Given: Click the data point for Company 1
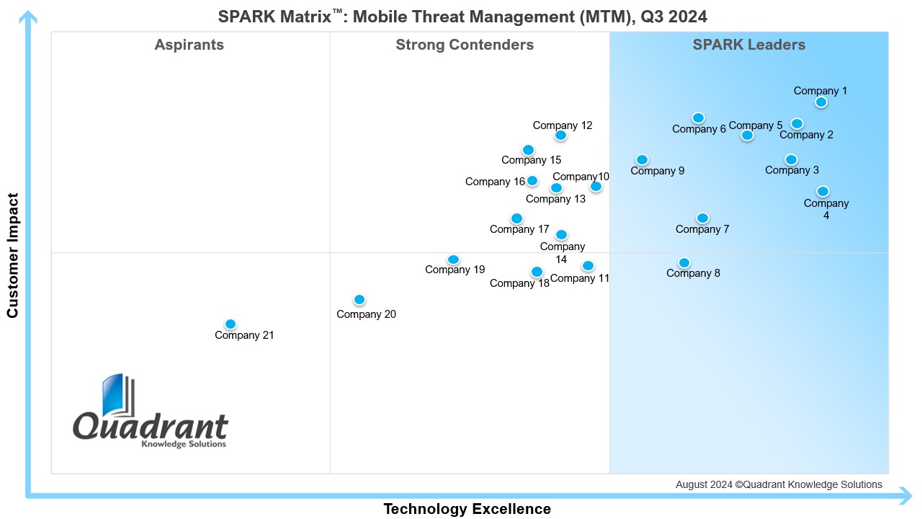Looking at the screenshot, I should pos(821,102).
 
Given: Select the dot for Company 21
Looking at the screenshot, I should pos(230,324).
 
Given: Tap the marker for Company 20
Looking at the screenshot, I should pos(359,300).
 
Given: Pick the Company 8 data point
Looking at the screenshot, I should pos(684,263).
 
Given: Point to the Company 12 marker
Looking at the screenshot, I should pos(561,136).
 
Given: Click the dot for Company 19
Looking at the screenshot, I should pos(453,260).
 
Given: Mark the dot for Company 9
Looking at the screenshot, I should pos(642,160).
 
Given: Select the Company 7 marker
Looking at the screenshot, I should pos(703,218).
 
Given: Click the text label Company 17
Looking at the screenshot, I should pos(519,229).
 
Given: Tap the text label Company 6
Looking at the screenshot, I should pos(699,129).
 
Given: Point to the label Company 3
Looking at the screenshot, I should pos(792,170).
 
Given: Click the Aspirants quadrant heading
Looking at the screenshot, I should pos(189,45).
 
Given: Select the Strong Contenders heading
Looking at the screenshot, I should pos(465,45).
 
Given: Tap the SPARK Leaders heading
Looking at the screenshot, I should pos(749,45).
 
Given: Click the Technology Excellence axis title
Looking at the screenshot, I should pos(467,509).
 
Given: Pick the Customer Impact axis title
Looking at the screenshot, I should pos(12,254).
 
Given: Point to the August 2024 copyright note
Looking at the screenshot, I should pos(779,484).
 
